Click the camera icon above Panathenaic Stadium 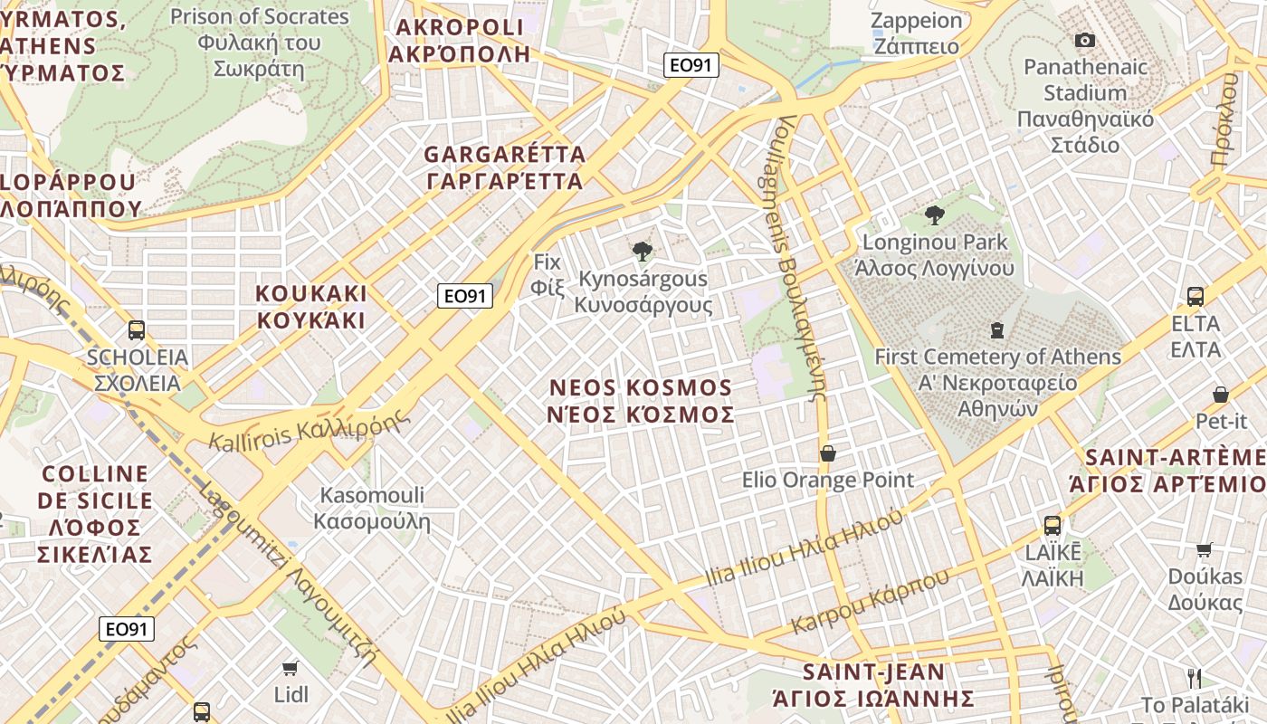(1084, 40)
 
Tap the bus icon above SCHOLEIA (137, 330)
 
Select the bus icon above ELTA (1196, 296)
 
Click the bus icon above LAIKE (1053, 525)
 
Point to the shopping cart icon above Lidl (291, 668)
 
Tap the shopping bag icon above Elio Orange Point (827, 452)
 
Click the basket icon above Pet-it (1221, 395)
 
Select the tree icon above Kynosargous (643, 251)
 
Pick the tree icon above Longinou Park (935, 214)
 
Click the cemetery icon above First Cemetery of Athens (997, 329)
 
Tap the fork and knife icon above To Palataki (1195, 678)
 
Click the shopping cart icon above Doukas (1205, 549)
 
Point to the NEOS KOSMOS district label (642, 401)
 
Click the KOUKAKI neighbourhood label (311, 307)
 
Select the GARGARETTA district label (504, 167)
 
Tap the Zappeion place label (917, 33)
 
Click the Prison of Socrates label (259, 42)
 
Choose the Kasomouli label (372, 509)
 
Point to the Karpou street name (871, 601)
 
